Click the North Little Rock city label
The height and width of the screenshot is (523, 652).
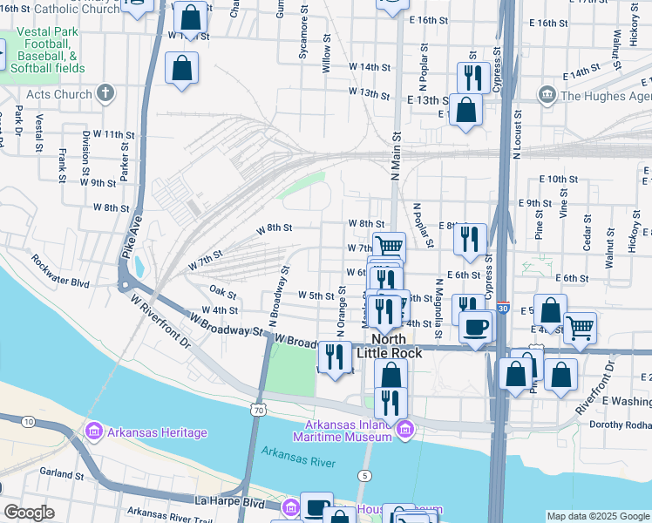coord(397,346)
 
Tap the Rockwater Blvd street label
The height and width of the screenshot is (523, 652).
coord(60,271)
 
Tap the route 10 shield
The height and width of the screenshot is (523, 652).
coord(29,422)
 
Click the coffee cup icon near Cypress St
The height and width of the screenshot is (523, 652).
coord(475,327)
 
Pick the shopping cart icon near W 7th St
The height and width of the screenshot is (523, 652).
coord(389,247)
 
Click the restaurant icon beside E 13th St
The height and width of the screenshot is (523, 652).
coord(472,78)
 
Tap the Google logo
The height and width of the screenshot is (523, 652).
coord(29,513)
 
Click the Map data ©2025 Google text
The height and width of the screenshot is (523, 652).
coord(598,516)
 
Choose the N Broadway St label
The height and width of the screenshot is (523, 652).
coord(280,297)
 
